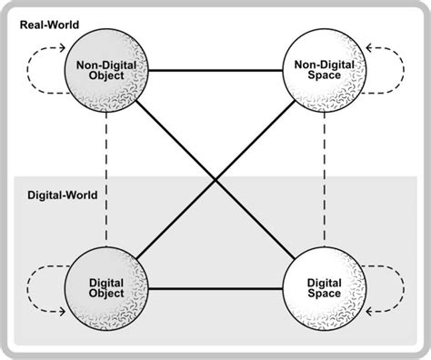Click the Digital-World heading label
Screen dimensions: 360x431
[57, 194]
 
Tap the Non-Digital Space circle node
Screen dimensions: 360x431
[324, 70]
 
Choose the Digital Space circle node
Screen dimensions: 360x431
[324, 289]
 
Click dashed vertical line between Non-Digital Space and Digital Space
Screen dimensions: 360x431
[324, 182]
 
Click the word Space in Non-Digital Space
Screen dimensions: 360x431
[324, 76]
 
